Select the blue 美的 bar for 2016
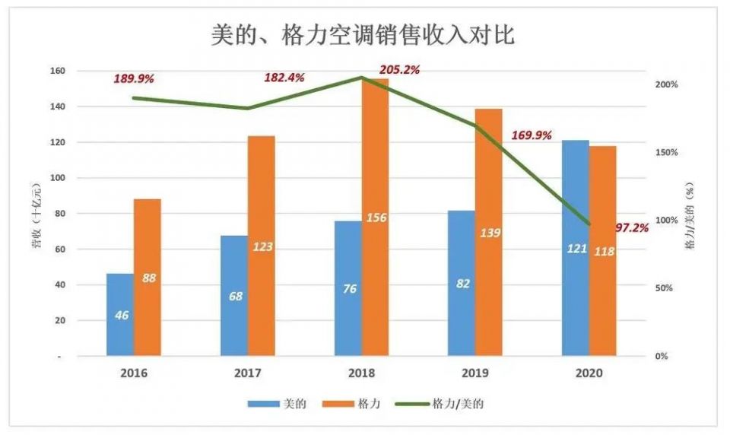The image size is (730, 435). click(120, 314)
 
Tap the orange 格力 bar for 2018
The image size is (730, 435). click(374, 217)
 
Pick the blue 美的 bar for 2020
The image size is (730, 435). click(576, 247)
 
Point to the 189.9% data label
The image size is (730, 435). click(134, 78)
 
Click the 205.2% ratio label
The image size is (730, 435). click(399, 70)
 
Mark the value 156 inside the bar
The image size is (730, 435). click(376, 218)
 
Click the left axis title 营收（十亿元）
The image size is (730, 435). click(35, 221)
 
